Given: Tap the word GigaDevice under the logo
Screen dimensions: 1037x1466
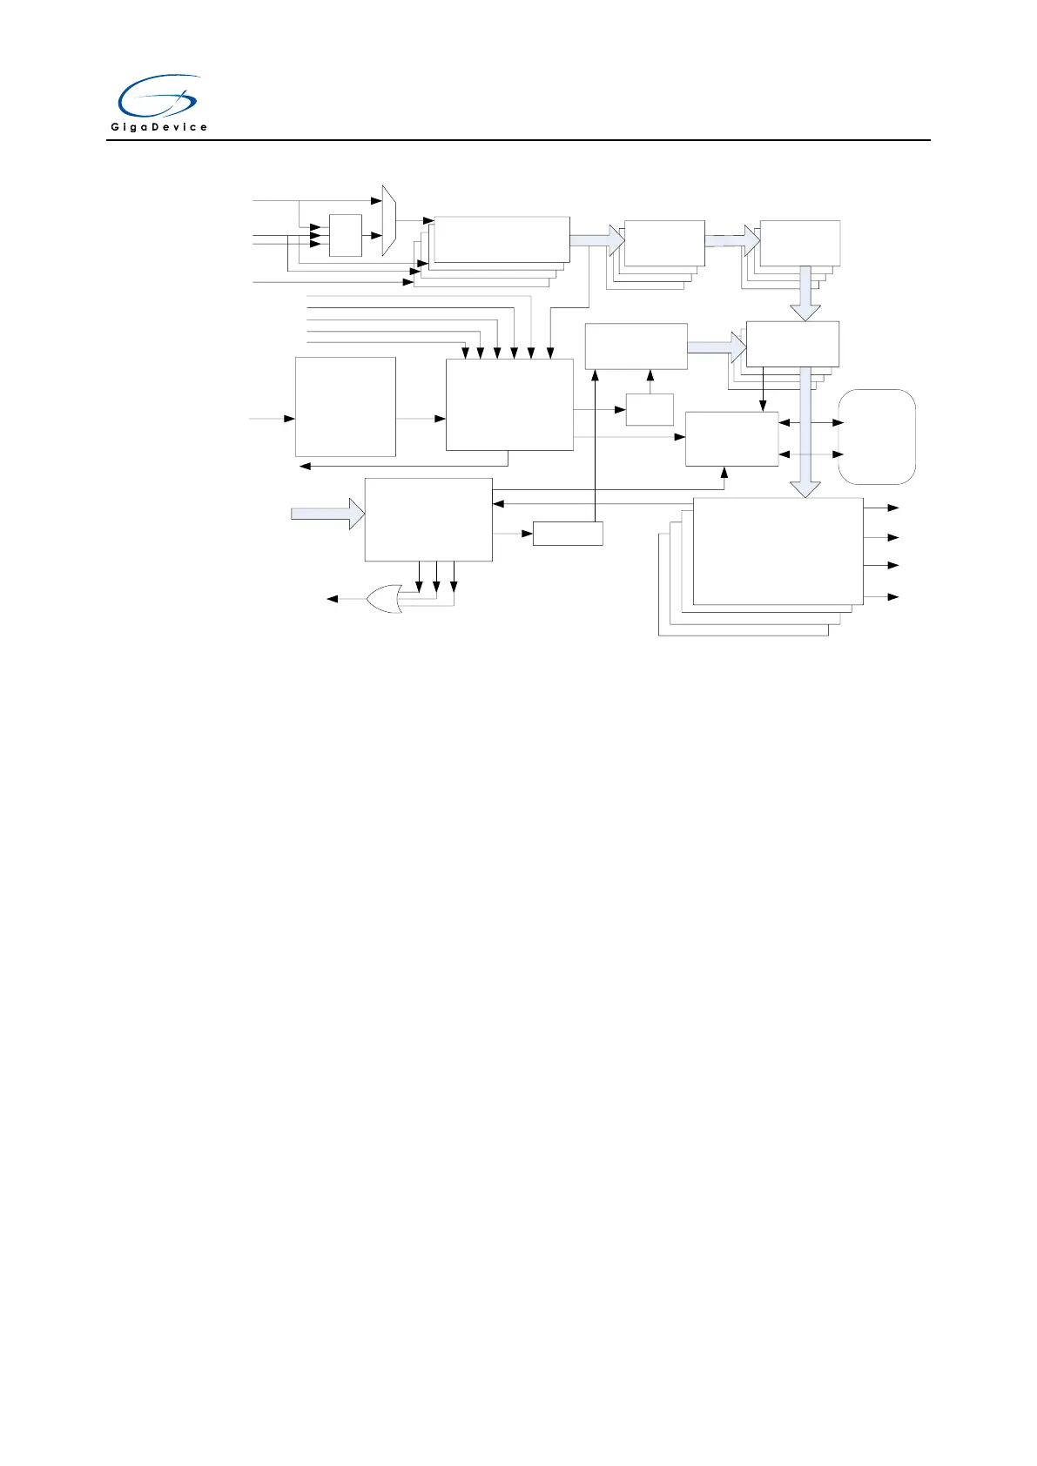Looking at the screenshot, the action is pos(158,127).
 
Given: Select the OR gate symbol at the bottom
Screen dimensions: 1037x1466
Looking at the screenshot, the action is pos(384,599).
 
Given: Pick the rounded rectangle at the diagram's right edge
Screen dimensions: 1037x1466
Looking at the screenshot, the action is pos(877,436).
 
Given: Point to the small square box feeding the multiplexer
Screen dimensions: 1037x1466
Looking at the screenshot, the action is pos(346,235).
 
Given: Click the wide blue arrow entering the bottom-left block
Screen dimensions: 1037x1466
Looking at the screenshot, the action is pos(327,514).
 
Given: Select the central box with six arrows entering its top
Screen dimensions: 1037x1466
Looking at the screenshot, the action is pos(509,404).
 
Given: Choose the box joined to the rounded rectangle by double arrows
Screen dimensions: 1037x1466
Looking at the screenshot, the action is pos(731,439).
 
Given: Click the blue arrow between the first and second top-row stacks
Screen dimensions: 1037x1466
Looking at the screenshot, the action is pos(598,237).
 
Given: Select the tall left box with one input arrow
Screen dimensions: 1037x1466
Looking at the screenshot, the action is pos(346,407).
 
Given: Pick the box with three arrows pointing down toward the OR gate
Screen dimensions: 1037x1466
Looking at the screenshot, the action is pos(428,519).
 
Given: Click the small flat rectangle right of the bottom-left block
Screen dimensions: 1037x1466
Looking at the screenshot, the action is pos(568,533).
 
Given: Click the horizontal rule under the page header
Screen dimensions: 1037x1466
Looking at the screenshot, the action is pos(518,140).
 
